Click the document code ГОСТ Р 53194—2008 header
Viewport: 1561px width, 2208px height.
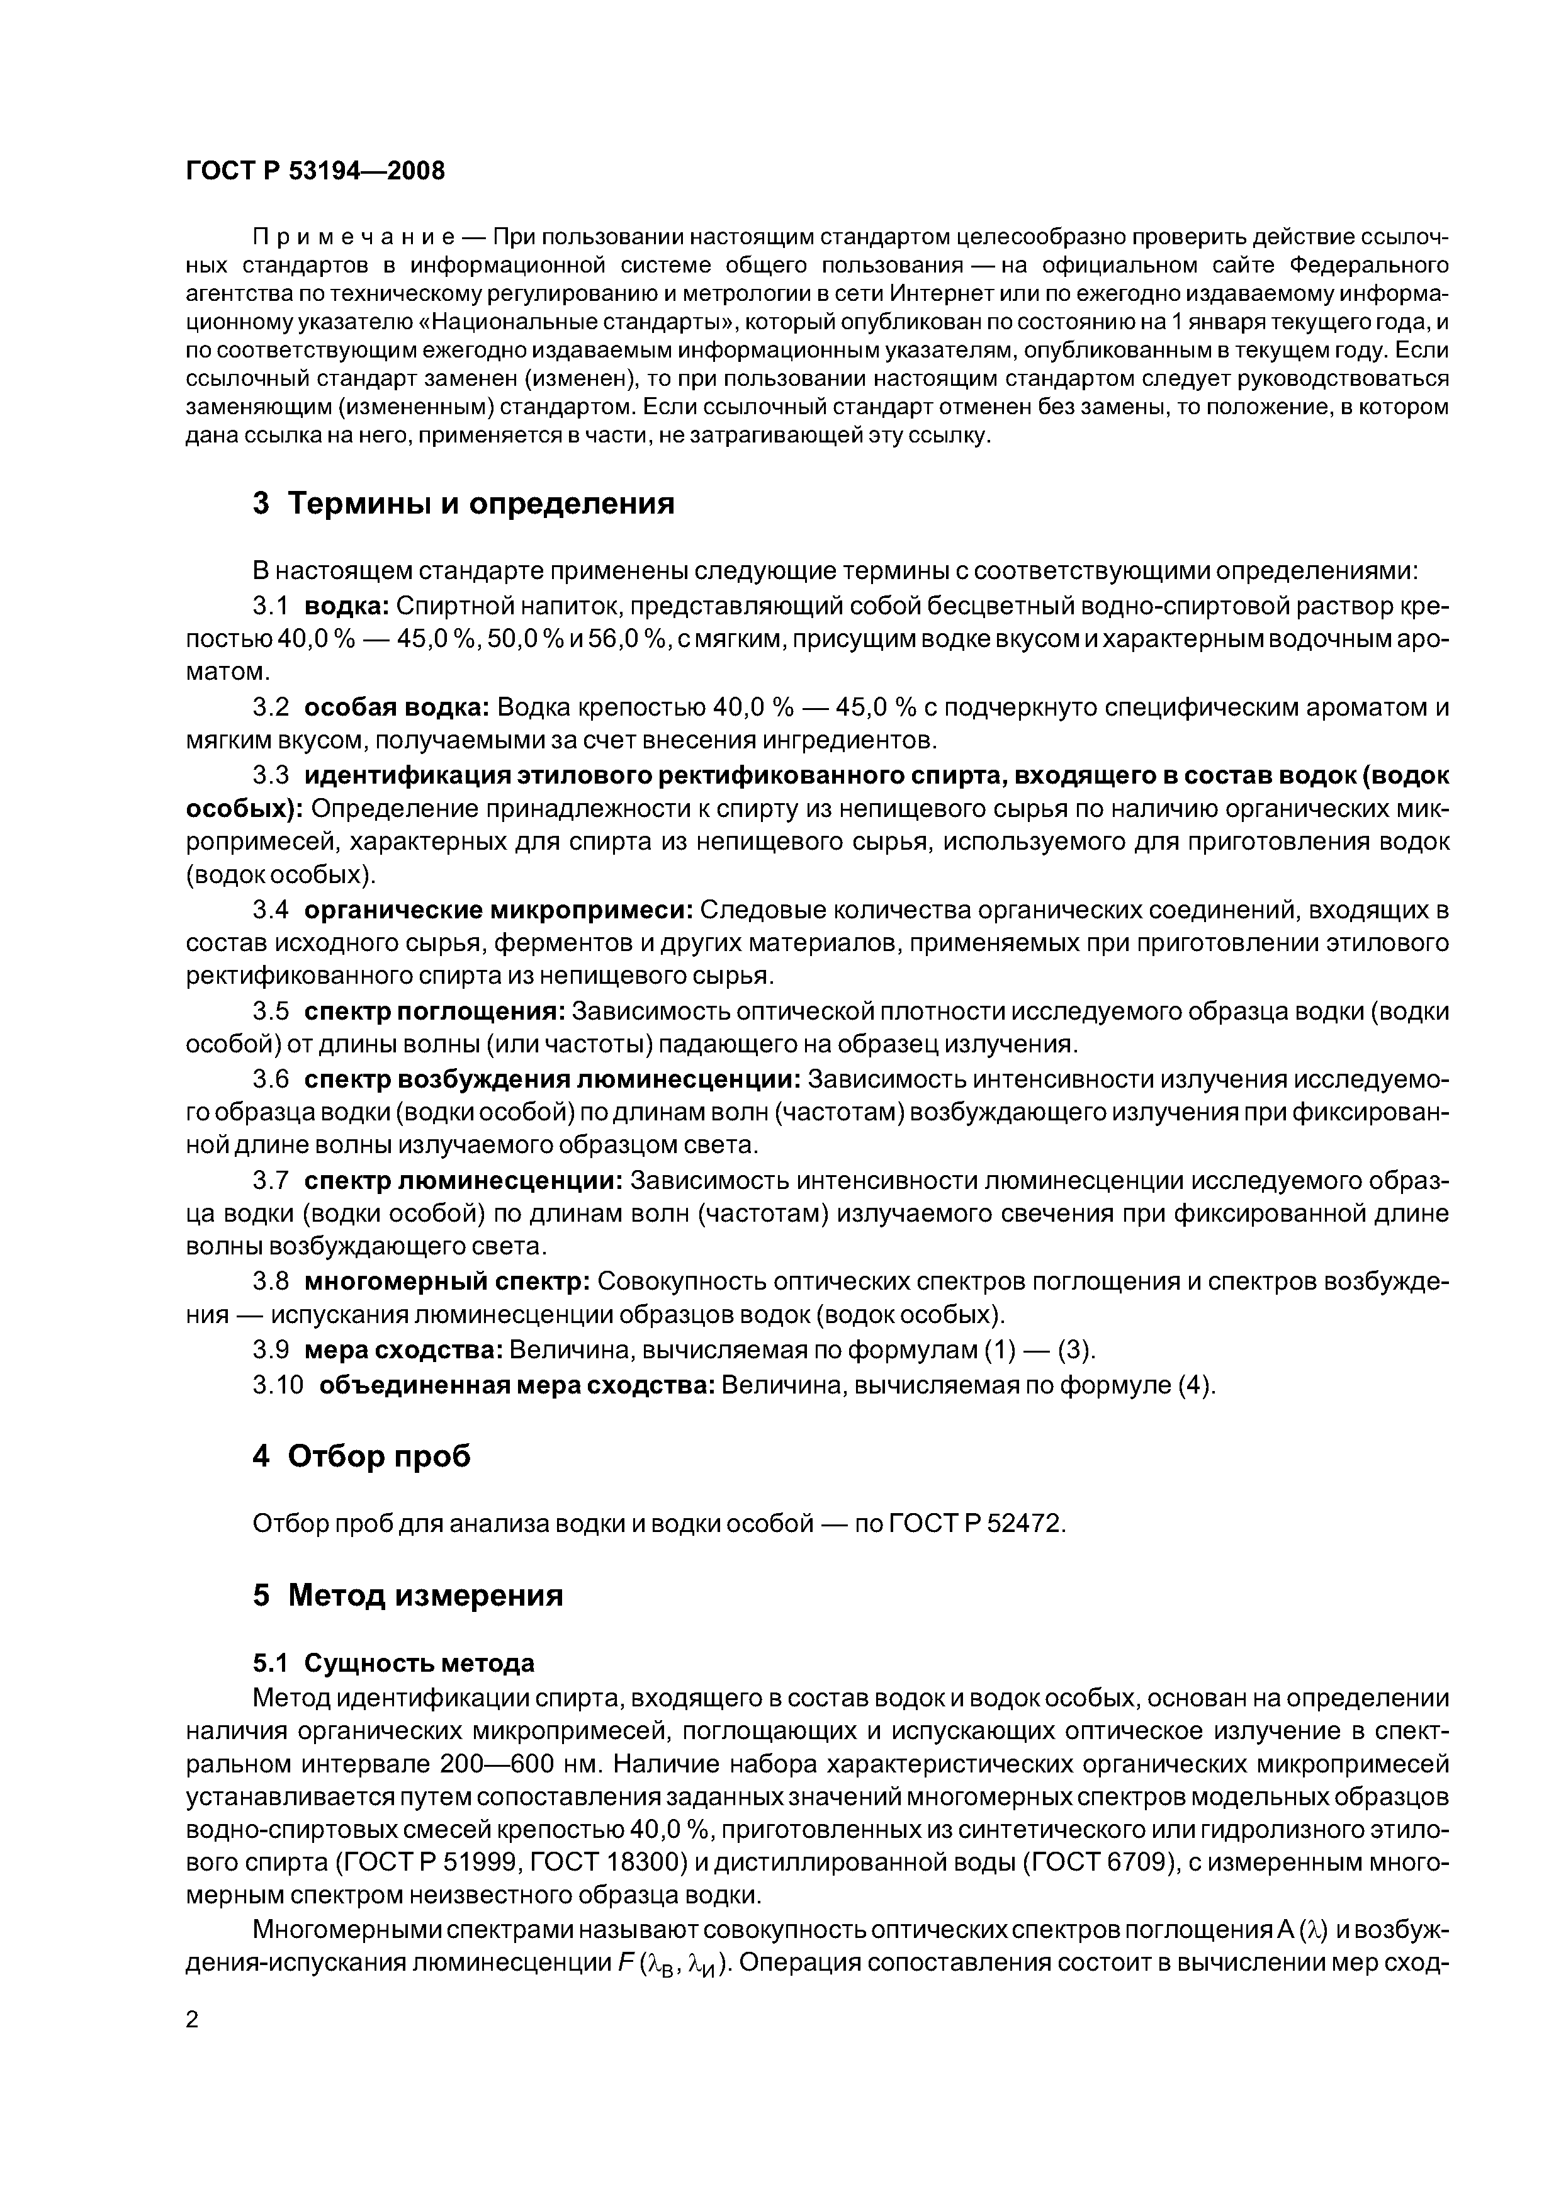pos(315,171)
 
